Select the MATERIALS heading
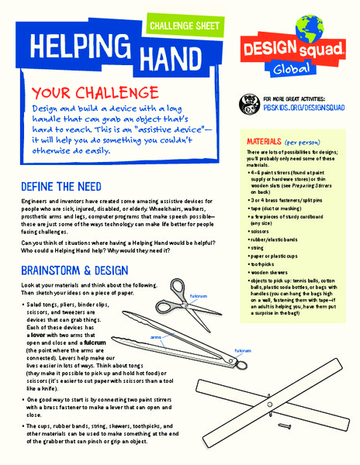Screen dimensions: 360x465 click(x=268, y=143)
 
